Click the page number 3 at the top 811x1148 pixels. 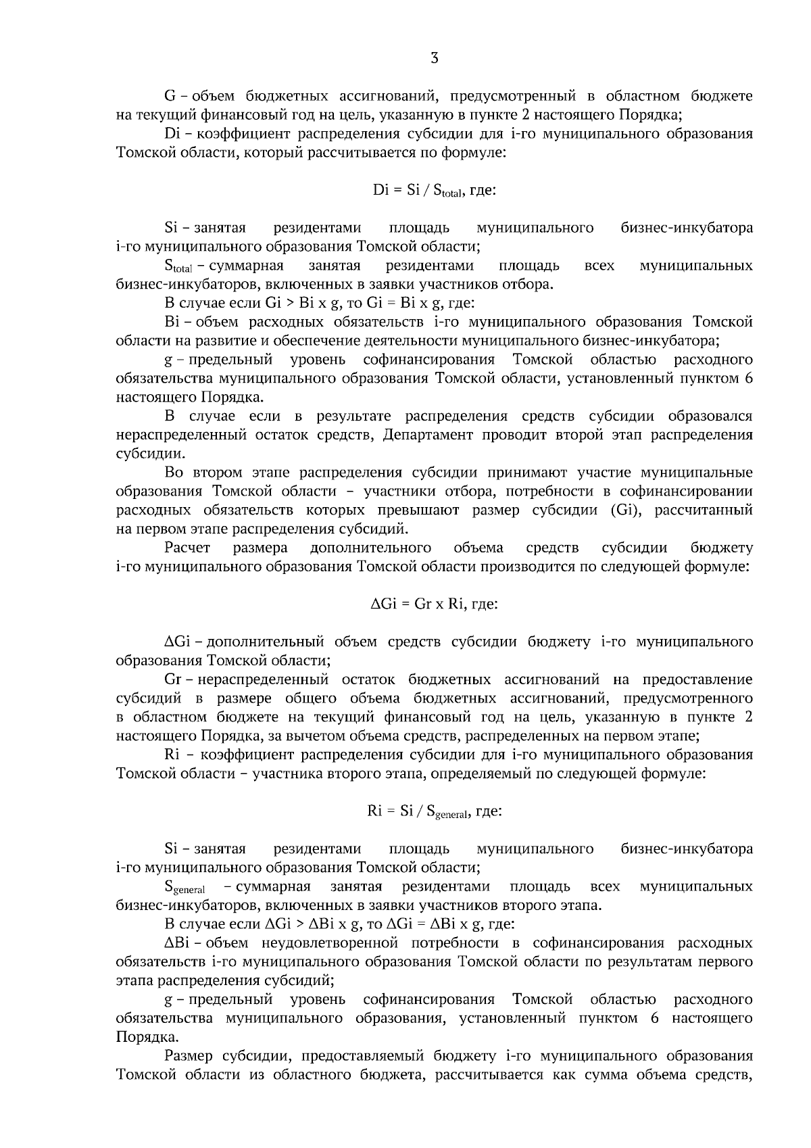(434, 59)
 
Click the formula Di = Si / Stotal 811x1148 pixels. (434, 191)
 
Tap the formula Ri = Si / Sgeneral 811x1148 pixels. (434, 811)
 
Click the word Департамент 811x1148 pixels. (428, 434)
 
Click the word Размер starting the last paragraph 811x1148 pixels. (189, 1055)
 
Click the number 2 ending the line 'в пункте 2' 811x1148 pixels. (748, 717)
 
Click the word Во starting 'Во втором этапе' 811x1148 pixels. (174, 472)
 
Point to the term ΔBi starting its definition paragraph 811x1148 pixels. (176, 942)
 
